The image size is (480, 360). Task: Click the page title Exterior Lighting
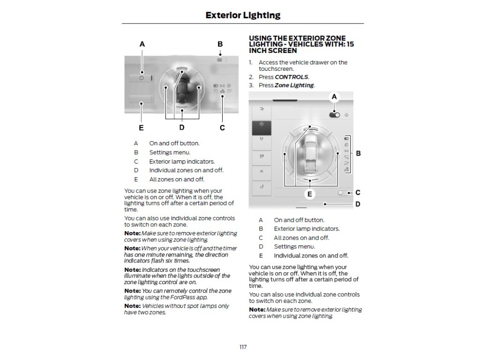[243, 15]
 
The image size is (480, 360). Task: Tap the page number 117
[243, 347]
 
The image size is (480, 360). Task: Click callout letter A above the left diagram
[142, 44]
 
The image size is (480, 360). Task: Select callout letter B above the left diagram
[220, 44]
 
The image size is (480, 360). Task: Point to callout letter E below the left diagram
[141, 127]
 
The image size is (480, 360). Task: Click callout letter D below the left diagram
[182, 127]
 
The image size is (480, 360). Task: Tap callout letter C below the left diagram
[222, 127]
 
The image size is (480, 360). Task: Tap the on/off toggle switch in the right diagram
[335, 114]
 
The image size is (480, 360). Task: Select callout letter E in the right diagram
[309, 193]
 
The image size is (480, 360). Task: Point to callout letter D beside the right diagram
[358, 204]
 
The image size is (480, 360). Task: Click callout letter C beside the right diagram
[358, 192]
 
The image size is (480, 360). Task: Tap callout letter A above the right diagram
[334, 97]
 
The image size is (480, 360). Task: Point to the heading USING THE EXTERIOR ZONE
[297, 38]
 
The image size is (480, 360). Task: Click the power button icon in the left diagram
[142, 78]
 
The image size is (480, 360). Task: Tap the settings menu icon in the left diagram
[219, 60]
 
